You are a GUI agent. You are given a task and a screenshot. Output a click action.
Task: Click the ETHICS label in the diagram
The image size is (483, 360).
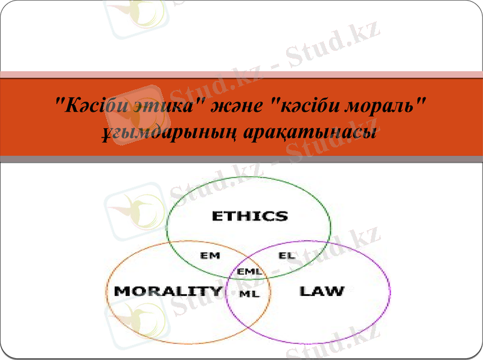tap(249, 216)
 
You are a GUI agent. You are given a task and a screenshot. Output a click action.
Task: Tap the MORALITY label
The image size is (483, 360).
tap(168, 291)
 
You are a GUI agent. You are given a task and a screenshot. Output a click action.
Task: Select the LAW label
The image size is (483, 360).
tap(322, 291)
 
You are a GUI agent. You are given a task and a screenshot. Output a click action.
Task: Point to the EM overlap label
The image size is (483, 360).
tap(210, 256)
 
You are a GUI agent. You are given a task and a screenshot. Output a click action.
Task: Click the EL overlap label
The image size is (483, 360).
tap(287, 256)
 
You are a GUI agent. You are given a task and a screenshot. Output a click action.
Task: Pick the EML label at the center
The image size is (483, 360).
tap(249, 272)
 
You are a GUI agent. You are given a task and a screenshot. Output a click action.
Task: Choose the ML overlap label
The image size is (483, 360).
tap(249, 294)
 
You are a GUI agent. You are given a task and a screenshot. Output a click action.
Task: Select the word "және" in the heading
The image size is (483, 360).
tap(240, 106)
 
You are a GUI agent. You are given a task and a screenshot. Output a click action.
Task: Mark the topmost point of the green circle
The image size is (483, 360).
tap(249, 177)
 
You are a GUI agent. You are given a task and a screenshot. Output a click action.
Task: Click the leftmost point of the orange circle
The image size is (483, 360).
tap(106, 292)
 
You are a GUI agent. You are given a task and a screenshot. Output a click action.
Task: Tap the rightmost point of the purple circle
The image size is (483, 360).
tap(390, 292)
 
